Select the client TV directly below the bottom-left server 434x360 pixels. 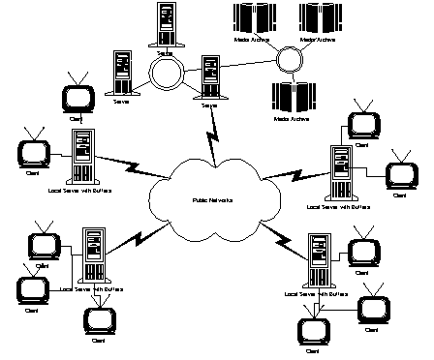(x=98, y=317)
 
